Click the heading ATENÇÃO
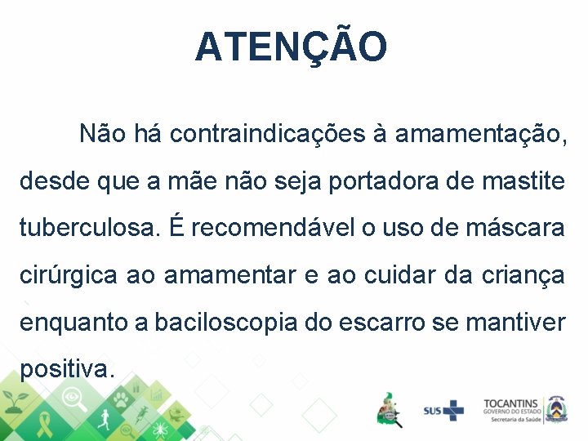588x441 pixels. pos(292,47)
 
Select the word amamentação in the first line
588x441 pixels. pos(479,134)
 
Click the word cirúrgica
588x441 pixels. pos(69,276)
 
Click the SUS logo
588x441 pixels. pos(443,410)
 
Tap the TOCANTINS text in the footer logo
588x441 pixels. pos(510,403)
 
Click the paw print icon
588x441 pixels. pos(121,399)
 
